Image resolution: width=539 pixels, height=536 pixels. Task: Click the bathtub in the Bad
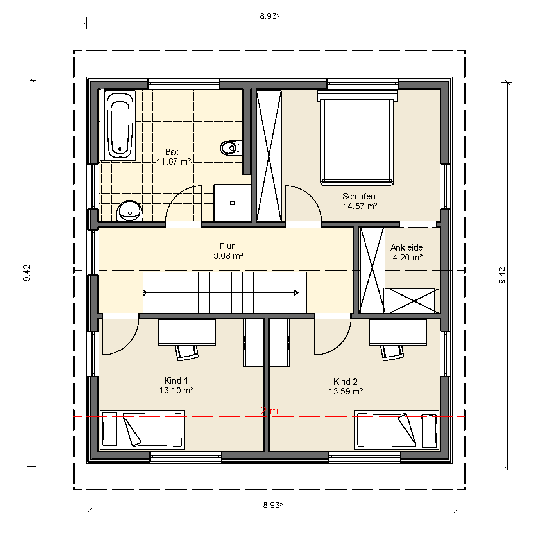[118, 125]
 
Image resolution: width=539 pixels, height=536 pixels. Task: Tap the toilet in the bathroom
[231, 148]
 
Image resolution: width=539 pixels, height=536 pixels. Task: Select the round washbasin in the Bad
[129, 211]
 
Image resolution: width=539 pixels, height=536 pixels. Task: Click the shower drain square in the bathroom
[233, 203]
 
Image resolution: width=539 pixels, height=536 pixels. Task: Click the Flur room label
[227, 246]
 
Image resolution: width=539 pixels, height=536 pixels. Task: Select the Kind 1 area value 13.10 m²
[177, 390]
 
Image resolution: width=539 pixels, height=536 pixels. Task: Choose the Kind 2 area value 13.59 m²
[346, 391]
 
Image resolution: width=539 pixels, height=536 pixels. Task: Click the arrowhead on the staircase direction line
[296, 293]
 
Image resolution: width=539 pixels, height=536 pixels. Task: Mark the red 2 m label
[269, 411]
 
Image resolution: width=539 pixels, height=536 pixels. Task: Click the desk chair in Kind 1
[187, 352]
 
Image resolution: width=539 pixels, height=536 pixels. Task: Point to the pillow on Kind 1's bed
[110, 428]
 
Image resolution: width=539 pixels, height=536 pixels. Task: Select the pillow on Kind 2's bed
[429, 430]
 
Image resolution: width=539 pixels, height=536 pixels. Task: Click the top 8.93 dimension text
[270, 16]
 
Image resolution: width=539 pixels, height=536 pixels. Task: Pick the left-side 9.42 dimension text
[27, 273]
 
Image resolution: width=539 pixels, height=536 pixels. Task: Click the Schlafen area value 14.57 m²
[360, 206]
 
